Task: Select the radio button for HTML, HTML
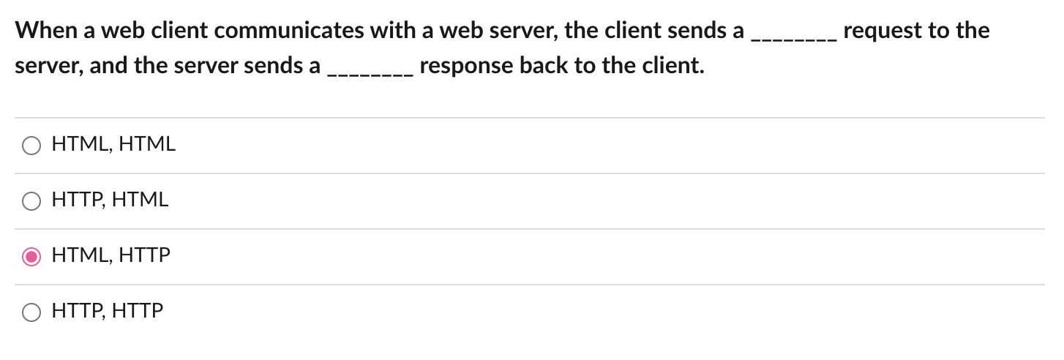[31, 146]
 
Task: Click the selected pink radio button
[31, 257]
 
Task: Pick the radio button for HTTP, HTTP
[31, 312]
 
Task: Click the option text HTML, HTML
[113, 145]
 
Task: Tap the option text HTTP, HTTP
[108, 312]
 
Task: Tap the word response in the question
[465, 67]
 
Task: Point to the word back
[539, 67]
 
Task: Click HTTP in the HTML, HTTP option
[144, 256]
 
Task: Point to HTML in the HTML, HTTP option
[79, 256]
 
